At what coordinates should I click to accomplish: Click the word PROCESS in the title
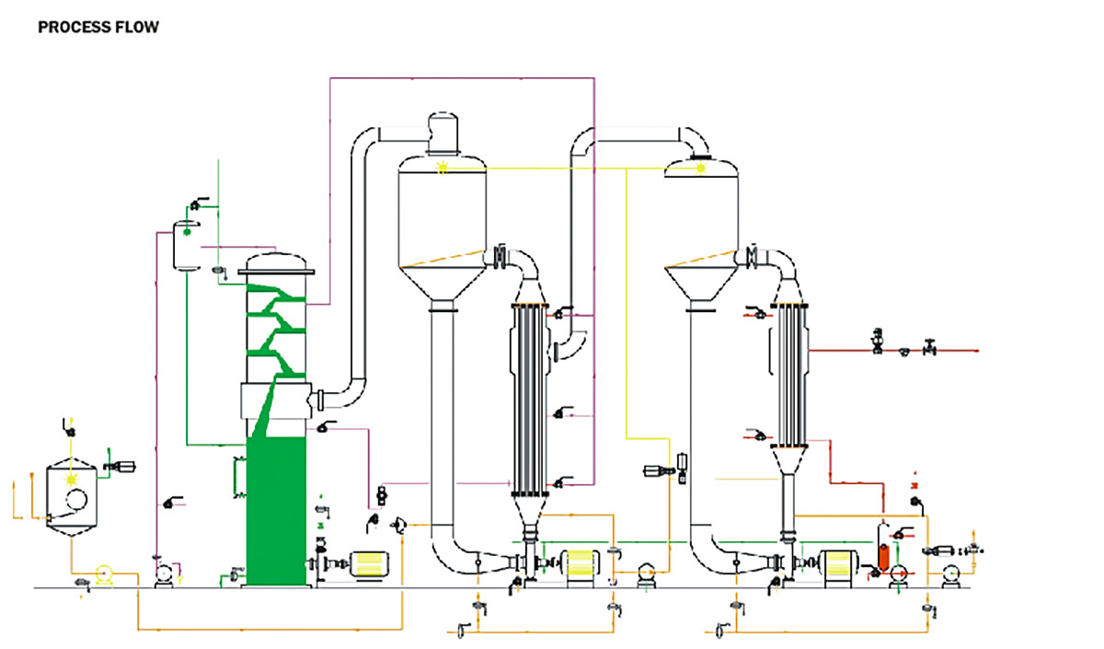pos(69,28)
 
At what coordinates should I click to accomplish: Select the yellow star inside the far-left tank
pos(72,480)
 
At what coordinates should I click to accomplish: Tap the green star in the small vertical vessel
pos(187,232)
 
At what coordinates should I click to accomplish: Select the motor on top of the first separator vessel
pos(443,132)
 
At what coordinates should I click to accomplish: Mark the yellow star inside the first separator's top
pos(443,168)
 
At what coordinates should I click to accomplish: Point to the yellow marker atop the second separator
pos(701,168)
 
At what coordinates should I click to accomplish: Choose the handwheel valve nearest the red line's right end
pos(931,348)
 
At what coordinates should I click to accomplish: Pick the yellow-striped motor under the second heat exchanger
pos(839,566)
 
